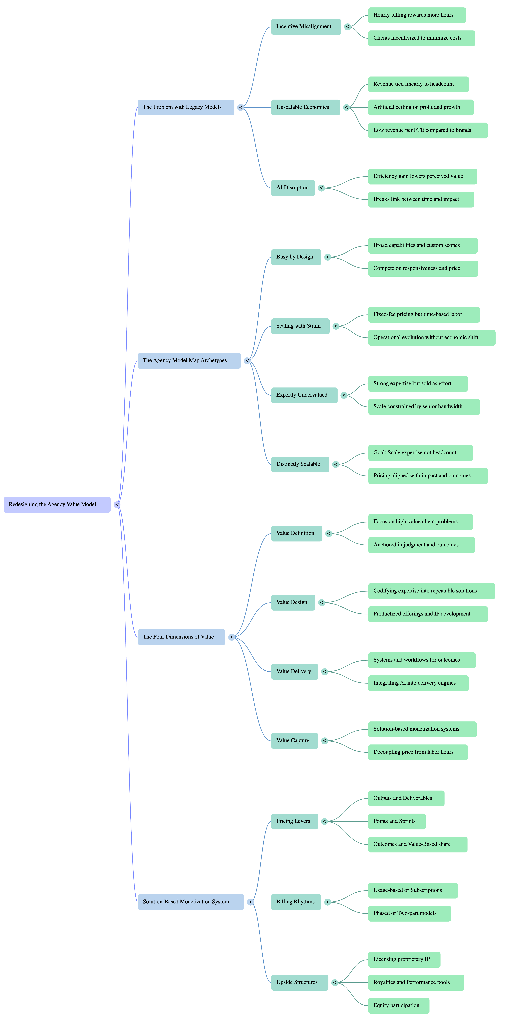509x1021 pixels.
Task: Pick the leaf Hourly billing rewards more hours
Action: pyautogui.click(x=417, y=15)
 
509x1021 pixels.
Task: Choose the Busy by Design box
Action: pyautogui.click(x=296, y=257)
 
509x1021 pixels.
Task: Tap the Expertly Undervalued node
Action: pyautogui.click(x=304, y=395)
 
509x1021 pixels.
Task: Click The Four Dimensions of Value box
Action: pyautogui.click(x=181, y=637)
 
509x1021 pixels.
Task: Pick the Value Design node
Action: pyautogui.click(x=293, y=602)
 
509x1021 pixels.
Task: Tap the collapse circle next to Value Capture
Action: pyautogui.click(x=325, y=741)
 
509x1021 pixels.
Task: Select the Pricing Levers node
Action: pyautogui.click(x=294, y=821)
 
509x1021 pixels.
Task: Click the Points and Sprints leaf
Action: pyautogui.click(x=396, y=821)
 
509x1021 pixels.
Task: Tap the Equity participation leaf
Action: pyautogui.click(x=398, y=1006)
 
